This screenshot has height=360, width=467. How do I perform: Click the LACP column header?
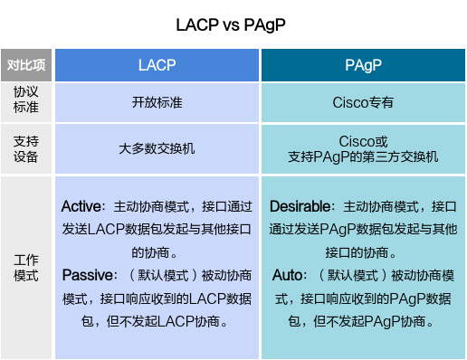pyautogui.click(x=157, y=65)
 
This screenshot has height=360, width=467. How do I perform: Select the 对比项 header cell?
pyautogui.click(x=26, y=65)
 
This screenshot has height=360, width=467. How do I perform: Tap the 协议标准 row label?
pyautogui.click(x=26, y=101)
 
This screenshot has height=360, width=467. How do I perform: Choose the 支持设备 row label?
pyautogui.click(x=26, y=148)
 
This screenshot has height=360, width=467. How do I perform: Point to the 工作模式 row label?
pyautogui.click(x=26, y=267)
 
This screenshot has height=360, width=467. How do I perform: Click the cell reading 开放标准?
pyautogui.click(x=157, y=102)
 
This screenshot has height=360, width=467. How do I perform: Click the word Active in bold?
pyautogui.click(x=81, y=206)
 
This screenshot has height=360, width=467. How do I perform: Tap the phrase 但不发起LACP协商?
pyautogui.click(x=177, y=320)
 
